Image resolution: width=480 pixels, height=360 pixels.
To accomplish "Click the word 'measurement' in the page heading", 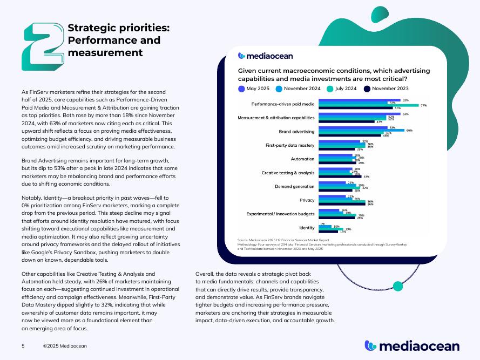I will pos(105,52).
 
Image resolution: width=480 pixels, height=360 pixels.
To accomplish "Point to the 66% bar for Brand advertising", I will pos(361,130).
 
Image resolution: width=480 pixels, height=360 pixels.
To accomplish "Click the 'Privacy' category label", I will pos(307,200).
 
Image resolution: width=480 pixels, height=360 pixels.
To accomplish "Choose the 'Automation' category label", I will pos(302,159).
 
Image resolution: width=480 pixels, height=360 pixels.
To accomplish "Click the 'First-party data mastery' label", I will pos(290,145).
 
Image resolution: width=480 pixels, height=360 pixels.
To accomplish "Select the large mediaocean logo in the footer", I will pos(412,345).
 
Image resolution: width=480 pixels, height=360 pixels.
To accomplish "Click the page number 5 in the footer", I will pos(23,345).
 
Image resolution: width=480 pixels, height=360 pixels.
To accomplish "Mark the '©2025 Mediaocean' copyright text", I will pos(65,345).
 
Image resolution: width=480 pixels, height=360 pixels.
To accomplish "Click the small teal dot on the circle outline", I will pos(398,286).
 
